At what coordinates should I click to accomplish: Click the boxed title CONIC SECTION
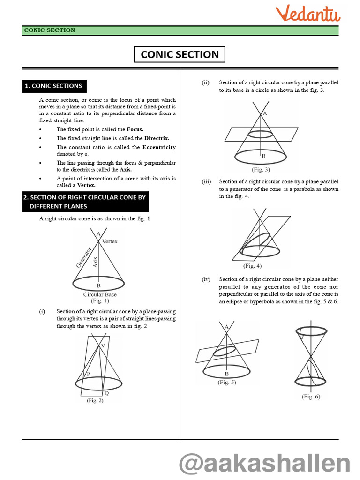coord(180,54)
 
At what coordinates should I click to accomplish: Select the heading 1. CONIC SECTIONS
coord(53,86)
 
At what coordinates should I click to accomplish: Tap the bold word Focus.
coord(135,129)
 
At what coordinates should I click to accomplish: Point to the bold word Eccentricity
coord(159,147)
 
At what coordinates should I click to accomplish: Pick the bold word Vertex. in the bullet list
coord(86,185)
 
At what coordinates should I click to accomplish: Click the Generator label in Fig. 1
coord(83,257)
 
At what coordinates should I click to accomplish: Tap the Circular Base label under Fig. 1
coord(100,295)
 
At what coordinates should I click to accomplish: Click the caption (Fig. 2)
coord(95,400)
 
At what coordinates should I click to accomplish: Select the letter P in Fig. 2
coord(87,374)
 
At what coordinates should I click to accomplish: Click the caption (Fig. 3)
coord(261,169)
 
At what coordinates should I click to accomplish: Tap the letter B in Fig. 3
coord(263,156)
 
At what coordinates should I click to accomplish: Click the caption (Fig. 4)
coord(252,266)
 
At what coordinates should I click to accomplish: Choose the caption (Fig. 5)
coord(227,382)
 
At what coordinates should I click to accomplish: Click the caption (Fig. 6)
coord(311,397)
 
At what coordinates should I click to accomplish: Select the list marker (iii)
coord(206,181)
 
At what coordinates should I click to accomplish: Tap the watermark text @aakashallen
coord(265,464)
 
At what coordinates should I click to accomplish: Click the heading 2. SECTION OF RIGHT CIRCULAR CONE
coord(85,202)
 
